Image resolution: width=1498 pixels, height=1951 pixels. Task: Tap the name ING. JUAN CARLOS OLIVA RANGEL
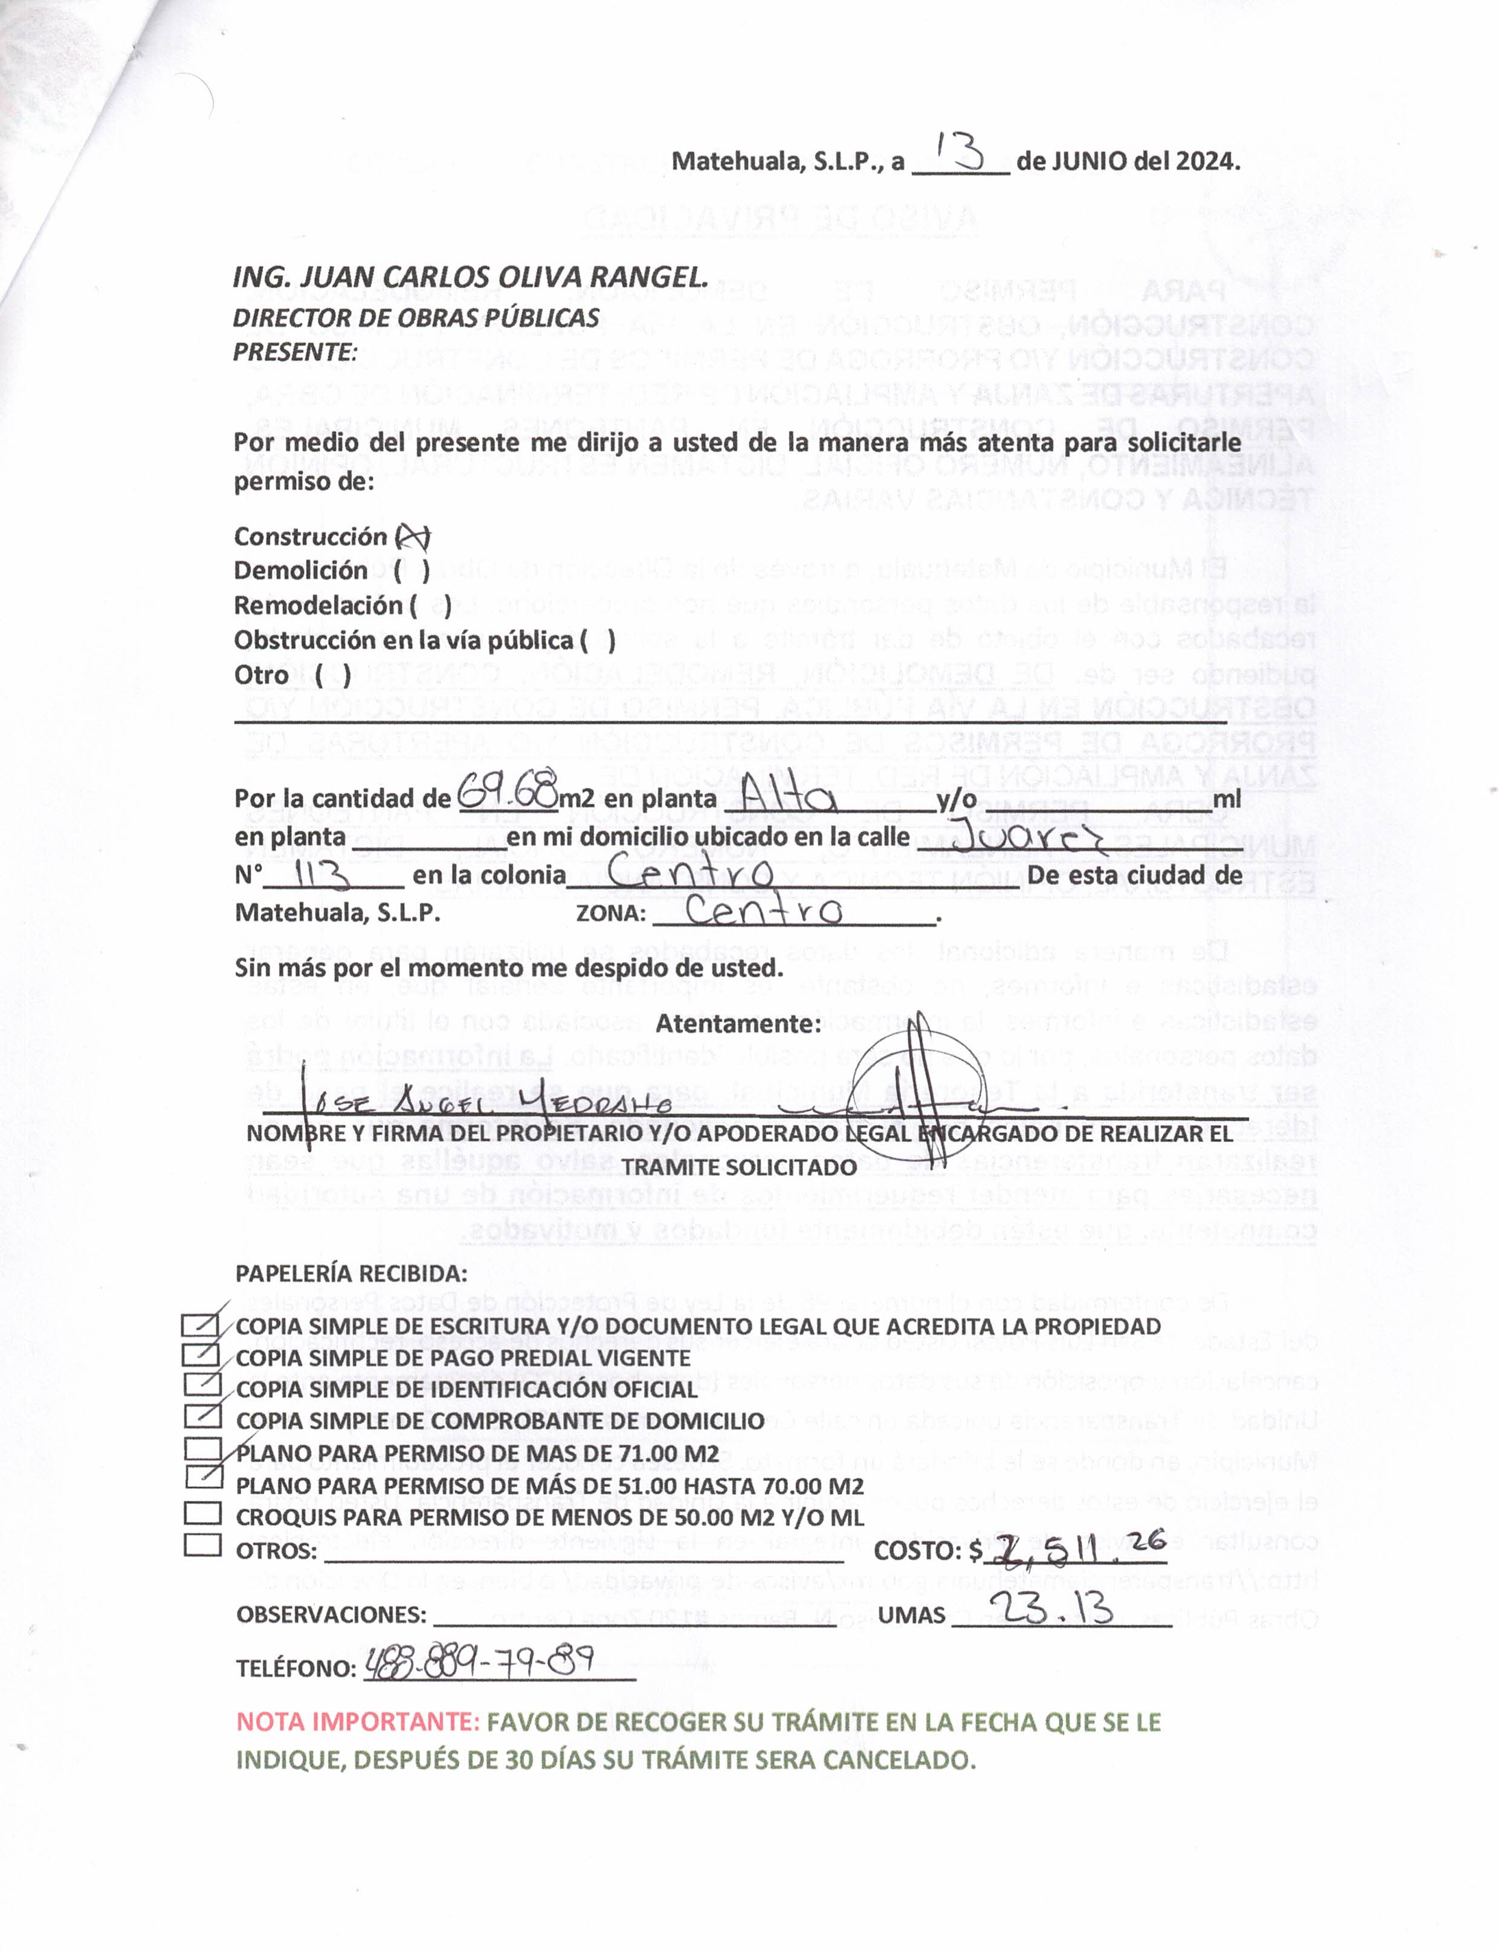click(470, 277)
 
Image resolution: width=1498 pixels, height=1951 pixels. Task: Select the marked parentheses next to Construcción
click(413, 537)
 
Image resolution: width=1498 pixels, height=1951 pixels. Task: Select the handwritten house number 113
click(321, 876)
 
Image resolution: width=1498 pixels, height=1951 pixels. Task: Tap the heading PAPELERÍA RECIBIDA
click(351, 1273)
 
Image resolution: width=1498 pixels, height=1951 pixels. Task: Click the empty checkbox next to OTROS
click(202, 1544)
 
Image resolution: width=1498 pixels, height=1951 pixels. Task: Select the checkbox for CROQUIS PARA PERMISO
click(202, 1512)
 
